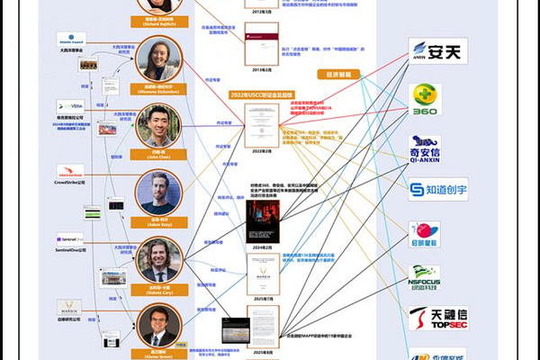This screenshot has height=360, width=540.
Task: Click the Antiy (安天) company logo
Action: pos(437,51)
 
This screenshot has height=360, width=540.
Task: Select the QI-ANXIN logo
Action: pos(425,148)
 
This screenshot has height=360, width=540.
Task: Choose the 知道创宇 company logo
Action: pos(437,190)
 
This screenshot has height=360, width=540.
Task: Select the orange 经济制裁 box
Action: pos(335,74)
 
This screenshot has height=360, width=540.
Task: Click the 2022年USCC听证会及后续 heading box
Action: pos(263,94)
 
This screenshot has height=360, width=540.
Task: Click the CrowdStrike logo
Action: pos(70,170)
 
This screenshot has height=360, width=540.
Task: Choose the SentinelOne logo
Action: pos(70,239)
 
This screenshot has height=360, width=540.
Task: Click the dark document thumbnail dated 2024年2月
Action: pos(263,220)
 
